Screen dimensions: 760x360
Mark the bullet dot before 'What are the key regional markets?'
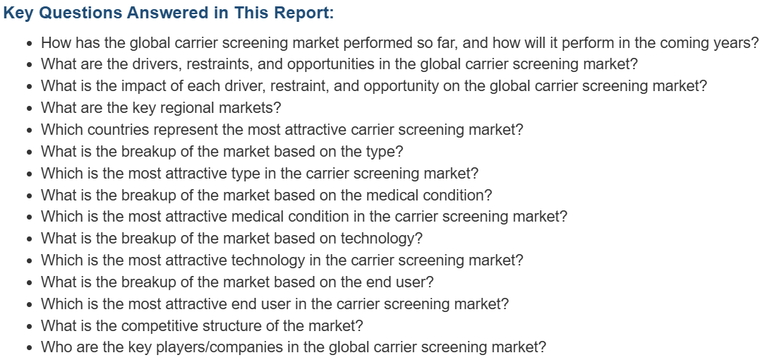(30, 109)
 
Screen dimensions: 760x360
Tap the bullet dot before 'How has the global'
(30, 44)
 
